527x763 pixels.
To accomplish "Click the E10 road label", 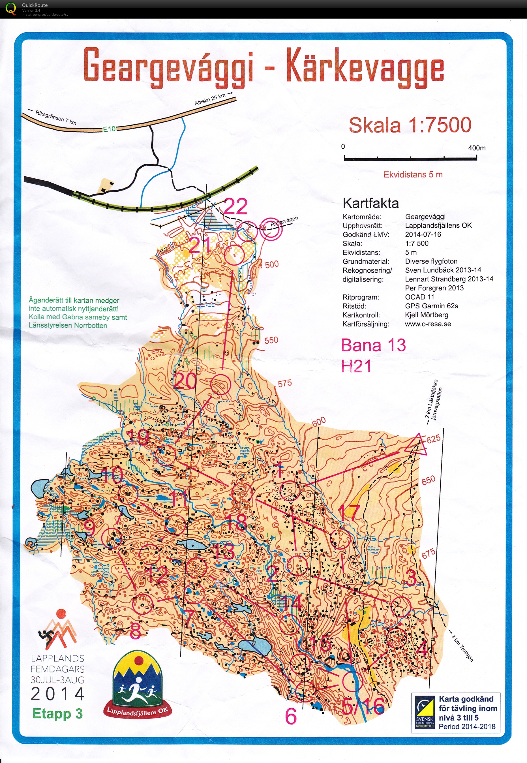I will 109,129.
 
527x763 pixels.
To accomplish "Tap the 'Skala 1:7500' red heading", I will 410,125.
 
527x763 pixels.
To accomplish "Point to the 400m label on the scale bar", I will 477,148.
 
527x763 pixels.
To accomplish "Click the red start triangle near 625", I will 416,446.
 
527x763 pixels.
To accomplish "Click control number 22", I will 235,207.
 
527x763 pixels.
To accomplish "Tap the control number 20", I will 185,382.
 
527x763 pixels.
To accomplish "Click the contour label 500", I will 271,264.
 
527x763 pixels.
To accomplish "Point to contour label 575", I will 285,383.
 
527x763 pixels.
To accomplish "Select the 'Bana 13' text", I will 373,345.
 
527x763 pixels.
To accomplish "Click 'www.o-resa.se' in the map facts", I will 428,324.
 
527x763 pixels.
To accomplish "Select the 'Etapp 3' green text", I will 57,713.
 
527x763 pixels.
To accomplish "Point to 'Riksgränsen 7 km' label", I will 55,117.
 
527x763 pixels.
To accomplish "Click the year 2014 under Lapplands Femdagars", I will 58,694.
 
